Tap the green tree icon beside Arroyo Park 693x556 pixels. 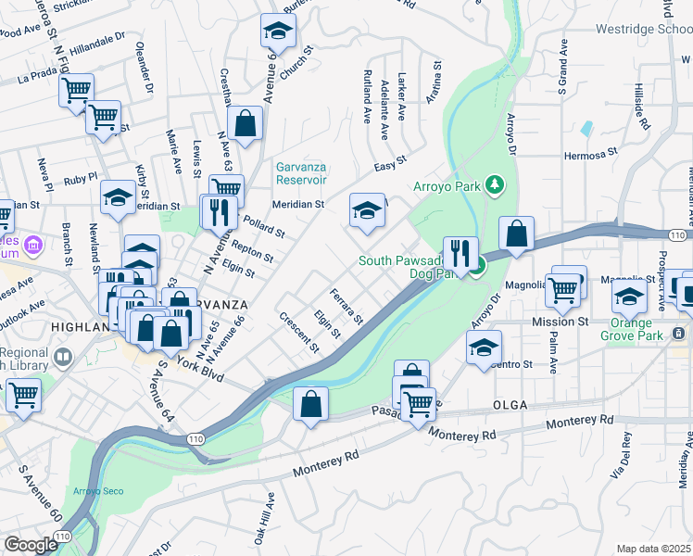coord(496,185)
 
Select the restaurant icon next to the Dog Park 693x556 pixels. coord(460,252)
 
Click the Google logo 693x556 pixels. coord(30,545)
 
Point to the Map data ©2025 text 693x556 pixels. coord(653,549)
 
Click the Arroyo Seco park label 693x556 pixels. coord(93,491)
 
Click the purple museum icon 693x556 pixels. coord(34,246)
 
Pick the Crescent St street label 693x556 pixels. coord(299,333)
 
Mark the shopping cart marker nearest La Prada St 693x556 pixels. coord(75,90)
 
